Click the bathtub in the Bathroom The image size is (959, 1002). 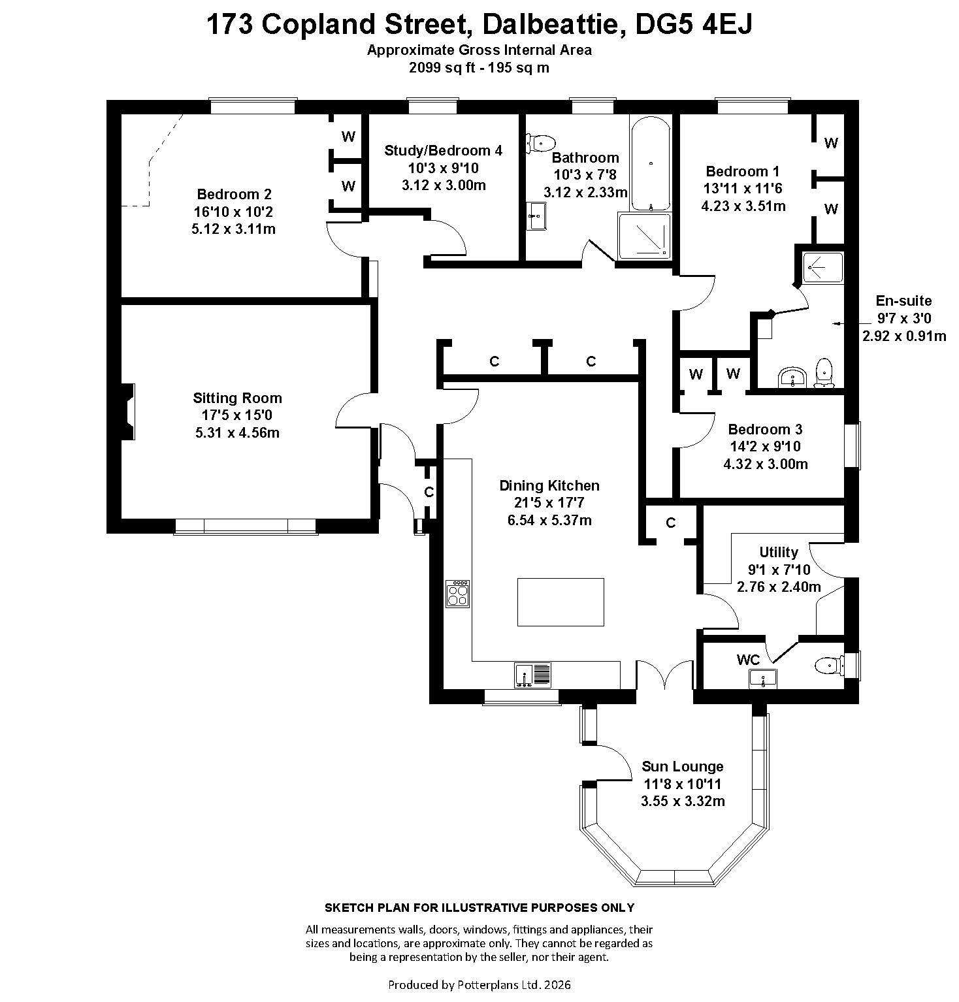pyautogui.click(x=650, y=163)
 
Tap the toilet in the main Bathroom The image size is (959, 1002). pyautogui.click(x=540, y=142)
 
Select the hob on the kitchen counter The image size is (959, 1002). pyautogui.click(x=458, y=594)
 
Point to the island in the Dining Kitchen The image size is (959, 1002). pyautogui.click(x=561, y=602)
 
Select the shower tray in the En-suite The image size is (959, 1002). pyautogui.click(x=822, y=267)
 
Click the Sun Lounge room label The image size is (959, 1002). pyautogui.click(x=683, y=766)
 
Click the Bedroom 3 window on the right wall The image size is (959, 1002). pyautogui.click(x=853, y=445)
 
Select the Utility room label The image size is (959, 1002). pyautogui.click(x=779, y=552)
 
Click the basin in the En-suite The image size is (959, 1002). pyautogui.click(x=794, y=377)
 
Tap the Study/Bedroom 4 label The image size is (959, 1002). pyautogui.click(x=444, y=150)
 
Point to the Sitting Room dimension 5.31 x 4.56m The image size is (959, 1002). pyautogui.click(x=237, y=432)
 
